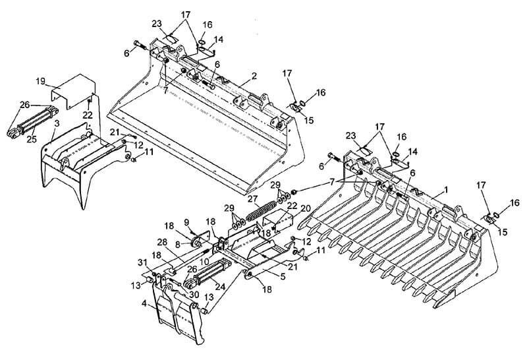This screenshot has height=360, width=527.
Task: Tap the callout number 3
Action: [x=57, y=123]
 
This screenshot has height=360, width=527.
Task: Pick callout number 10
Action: [x=204, y=262]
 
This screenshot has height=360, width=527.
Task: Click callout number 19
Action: [x=41, y=80]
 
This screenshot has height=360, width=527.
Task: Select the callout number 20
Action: [x=305, y=208]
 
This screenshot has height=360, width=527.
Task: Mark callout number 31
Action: [x=142, y=264]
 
